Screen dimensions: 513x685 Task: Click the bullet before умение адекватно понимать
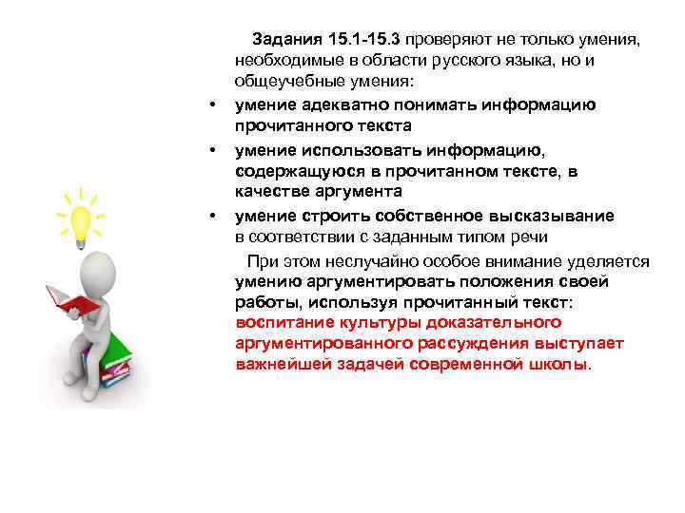[215, 104]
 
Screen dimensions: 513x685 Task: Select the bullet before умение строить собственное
[215, 214]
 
